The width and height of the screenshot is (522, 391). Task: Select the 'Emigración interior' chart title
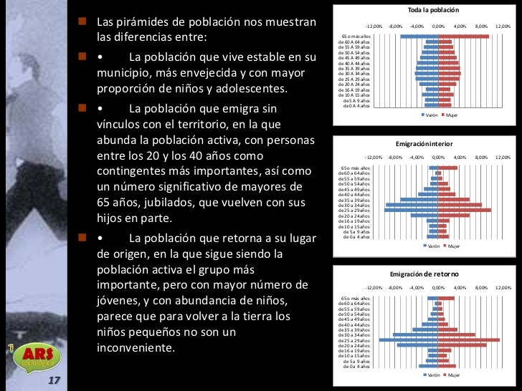[x=429, y=143]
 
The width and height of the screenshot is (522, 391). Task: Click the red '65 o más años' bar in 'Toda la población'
[x=463, y=36]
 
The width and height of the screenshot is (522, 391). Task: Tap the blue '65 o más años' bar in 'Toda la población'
[x=419, y=36]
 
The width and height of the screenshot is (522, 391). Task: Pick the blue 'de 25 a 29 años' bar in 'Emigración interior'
[x=411, y=210]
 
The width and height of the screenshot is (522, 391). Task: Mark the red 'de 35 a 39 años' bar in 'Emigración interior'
[x=454, y=199]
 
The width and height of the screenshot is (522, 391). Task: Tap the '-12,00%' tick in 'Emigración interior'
[x=374, y=157]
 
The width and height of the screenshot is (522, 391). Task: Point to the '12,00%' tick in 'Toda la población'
[x=503, y=26]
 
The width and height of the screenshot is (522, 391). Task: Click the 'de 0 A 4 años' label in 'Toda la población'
[x=356, y=105]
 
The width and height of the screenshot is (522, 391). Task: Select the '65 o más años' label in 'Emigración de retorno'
[x=356, y=298]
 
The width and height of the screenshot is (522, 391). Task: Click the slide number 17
[x=54, y=380]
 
